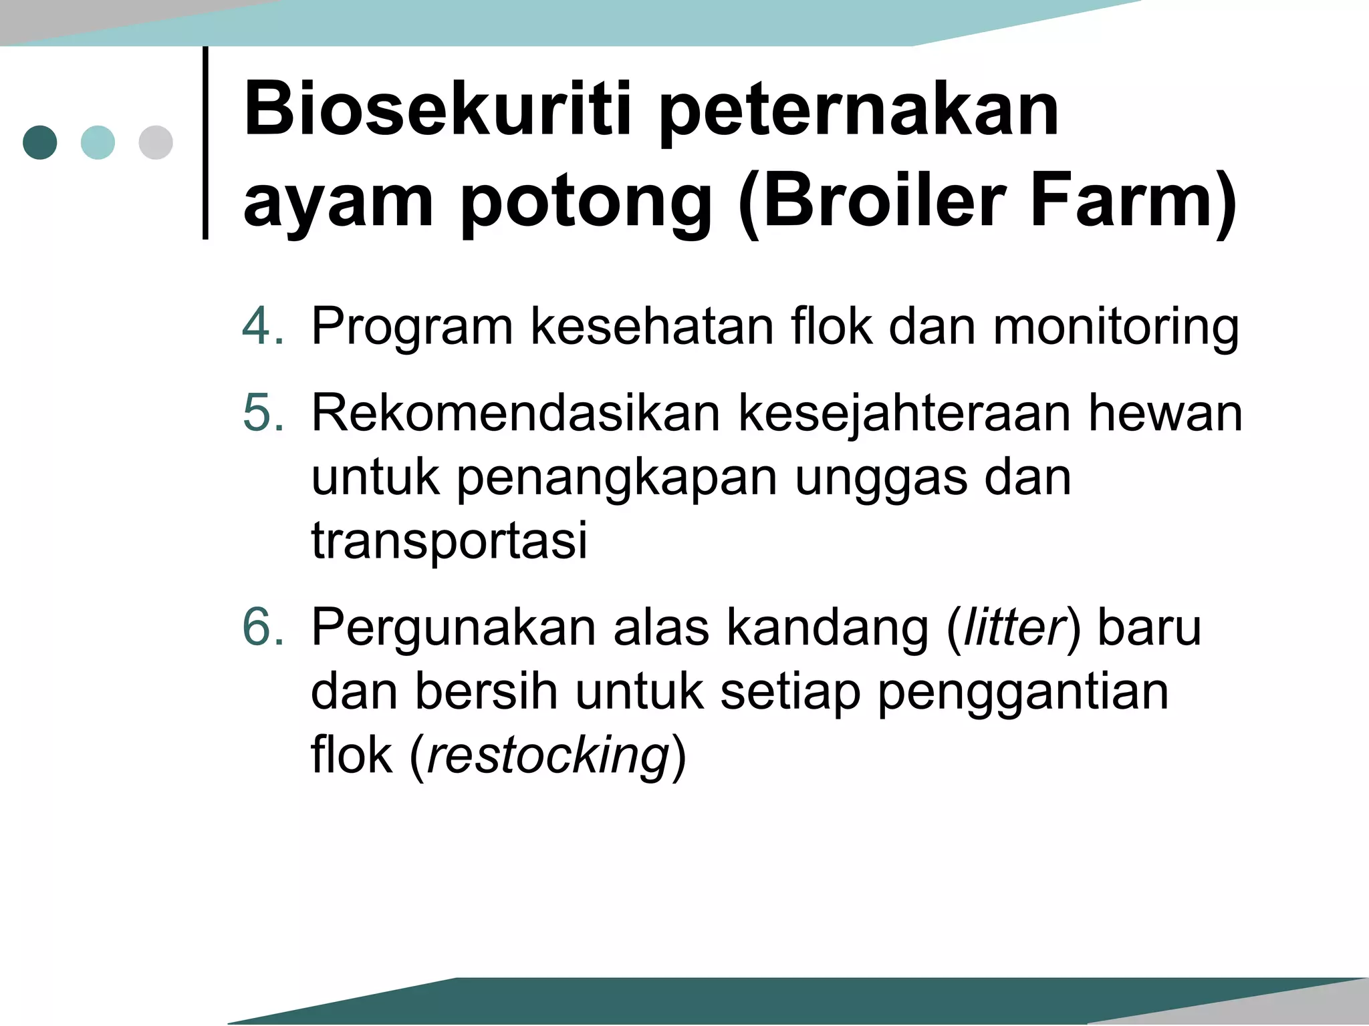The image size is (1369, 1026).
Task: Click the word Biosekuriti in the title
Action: click(x=437, y=108)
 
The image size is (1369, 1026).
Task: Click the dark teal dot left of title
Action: click(x=40, y=142)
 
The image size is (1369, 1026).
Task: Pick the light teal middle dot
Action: click(x=98, y=142)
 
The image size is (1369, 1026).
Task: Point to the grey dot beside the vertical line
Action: click(x=156, y=142)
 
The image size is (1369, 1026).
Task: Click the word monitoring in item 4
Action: click(x=1116, y=327)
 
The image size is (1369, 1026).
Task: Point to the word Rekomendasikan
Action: click(x=515, y=413)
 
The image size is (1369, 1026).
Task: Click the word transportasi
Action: click(x=449, y=540)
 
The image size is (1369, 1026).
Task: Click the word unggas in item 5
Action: click(x=881, y=479)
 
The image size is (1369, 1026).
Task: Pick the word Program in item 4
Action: click(x=412, y=327)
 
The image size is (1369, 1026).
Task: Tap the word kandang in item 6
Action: click(x=828, y=628)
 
